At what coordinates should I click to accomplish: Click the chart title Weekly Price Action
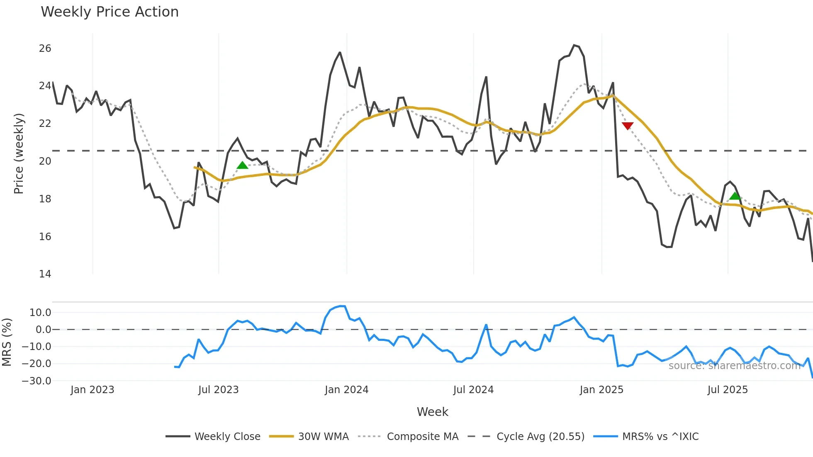point(110,12)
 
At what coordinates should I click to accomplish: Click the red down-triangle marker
point(628,126)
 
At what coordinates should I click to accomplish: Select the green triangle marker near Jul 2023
point(242,165)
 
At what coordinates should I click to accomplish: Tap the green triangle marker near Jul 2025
point(735,196)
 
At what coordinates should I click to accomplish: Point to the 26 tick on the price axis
point(45,49)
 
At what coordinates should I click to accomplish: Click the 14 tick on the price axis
point(45,274)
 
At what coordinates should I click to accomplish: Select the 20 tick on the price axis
point(45,161)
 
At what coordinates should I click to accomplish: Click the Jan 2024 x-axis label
point(346,390)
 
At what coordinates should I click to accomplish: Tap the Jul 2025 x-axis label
point(728,390)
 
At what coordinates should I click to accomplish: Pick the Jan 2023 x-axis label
point(92,390)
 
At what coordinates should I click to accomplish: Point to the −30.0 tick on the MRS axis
point(37,381)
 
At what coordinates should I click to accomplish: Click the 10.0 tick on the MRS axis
point(40,313)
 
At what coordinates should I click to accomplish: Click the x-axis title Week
point(432,412)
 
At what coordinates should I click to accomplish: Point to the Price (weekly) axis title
point(19,153)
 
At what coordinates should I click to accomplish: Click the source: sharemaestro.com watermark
point(734,366)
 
